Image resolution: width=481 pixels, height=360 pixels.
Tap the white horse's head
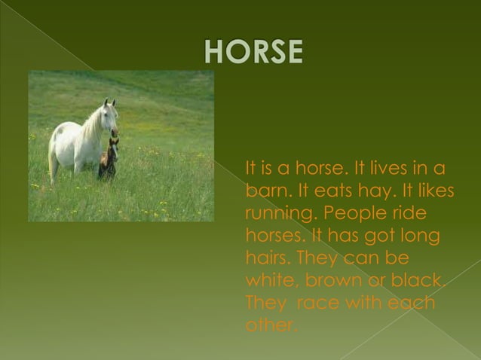[x=109, y=114]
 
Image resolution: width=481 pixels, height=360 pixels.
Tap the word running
[x=280, y=214]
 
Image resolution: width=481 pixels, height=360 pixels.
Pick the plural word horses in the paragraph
[x=272, y=236]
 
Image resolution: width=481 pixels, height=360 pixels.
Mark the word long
[x=421, y=236]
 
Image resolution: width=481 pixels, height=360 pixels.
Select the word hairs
[x=267, y=258]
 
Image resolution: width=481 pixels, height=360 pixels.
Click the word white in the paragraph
[x=268, y=280]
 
